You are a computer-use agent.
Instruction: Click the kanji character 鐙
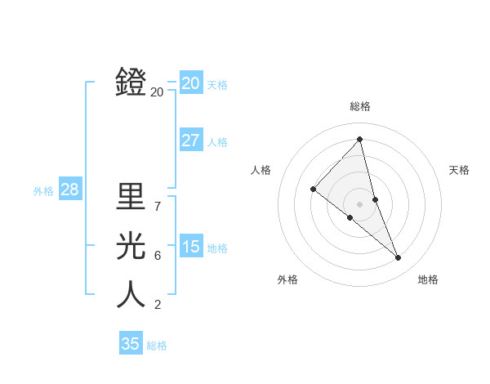point(131,83)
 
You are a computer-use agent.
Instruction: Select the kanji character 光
point(131,246)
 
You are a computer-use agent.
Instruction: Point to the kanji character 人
point(131,295)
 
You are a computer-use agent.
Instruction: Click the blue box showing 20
point(190,83)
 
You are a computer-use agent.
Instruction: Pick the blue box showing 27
point(190,141)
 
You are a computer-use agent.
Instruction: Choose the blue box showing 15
point(190,247)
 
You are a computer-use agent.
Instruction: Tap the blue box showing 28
point(69,190)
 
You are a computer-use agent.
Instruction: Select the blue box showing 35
point(130,343)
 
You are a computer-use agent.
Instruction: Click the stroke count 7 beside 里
point(157,206)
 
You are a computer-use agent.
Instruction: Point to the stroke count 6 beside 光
point(157,256)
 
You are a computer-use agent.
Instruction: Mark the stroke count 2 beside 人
point(157,305)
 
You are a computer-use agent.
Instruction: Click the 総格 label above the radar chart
point(359,106)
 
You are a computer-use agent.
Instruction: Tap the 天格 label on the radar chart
point(459,170)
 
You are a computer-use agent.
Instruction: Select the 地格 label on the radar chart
point(428,279)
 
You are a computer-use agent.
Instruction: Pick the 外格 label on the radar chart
point(287,279)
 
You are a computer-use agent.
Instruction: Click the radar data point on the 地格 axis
point(399,258)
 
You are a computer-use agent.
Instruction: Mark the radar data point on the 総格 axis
point(359,140)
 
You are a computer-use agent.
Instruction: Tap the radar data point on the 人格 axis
point(313,189)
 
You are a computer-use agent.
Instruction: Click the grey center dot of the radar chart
point(359,203)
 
